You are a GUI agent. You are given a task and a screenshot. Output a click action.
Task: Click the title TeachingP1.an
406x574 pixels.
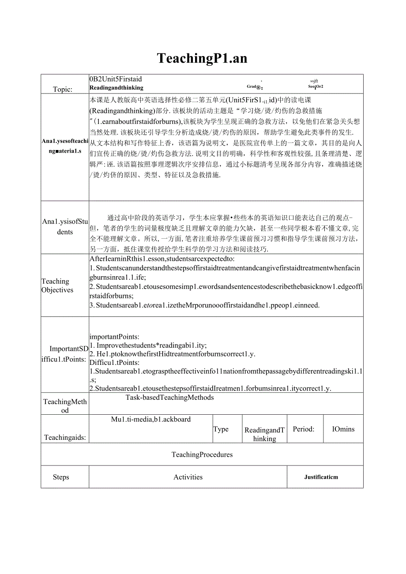coord(202,58)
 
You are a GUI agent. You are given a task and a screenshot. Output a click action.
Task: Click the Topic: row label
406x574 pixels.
coord(62,89)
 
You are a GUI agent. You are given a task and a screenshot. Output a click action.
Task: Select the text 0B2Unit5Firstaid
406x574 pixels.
coord(116,79)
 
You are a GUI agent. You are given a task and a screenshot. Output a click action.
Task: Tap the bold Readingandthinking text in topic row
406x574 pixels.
coord(116,87)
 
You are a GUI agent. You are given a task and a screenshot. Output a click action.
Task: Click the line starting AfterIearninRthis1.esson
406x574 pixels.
coord(162,259)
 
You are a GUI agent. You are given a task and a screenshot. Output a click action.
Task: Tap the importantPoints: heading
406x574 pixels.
coord(114,337)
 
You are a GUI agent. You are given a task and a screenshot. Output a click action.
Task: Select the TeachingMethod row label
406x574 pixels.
coord(65,406)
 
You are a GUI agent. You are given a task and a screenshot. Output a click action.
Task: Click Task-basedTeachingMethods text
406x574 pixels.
coord(169,398)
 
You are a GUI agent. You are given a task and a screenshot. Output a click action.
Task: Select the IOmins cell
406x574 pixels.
coord(343,429)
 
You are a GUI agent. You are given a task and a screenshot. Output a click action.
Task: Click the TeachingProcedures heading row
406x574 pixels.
coord(202,454)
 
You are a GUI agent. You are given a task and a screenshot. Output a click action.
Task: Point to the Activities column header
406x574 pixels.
coord(188,477)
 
